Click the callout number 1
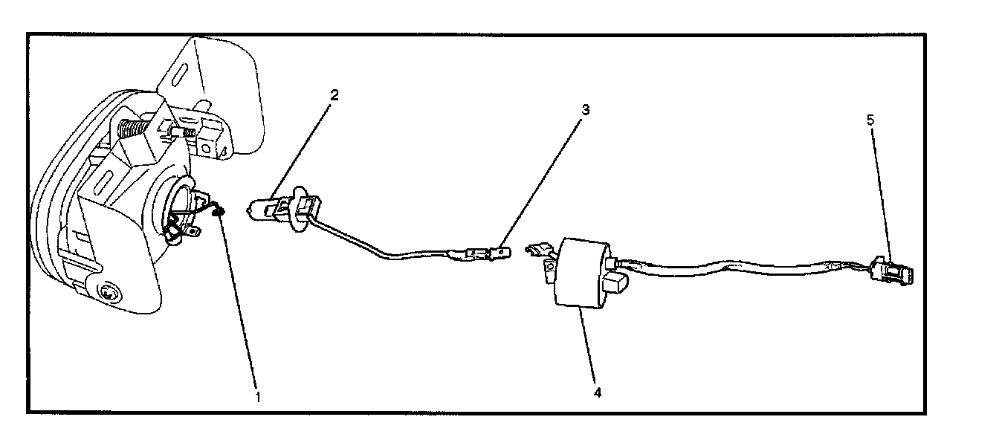(x=258, y=396)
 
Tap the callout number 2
(x=334, y=95)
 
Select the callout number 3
(x=586, y=110)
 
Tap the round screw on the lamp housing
(x=108, y=292)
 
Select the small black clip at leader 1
(x=219, y=214)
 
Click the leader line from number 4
(x=589, y=349)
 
